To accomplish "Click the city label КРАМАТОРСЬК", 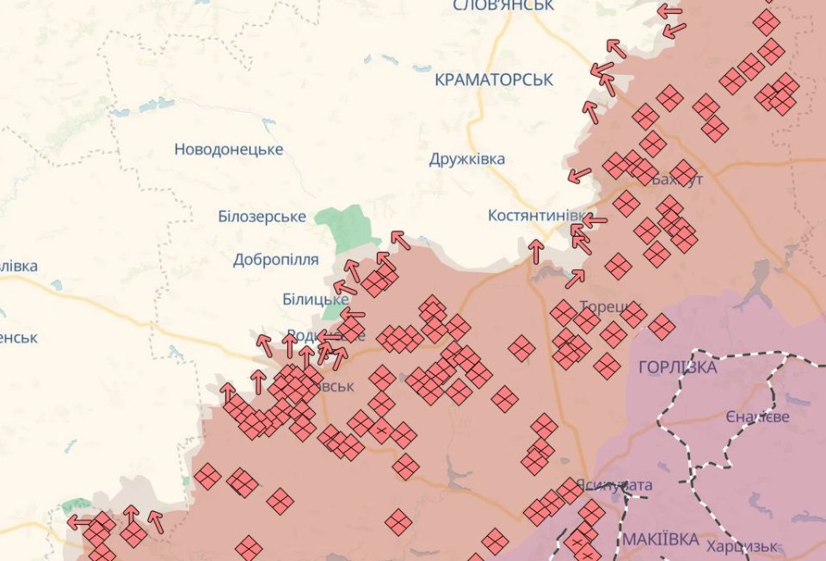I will [x=494, y=79].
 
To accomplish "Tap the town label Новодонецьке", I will [x=228, y=150].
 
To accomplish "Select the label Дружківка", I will [x=467, y=159].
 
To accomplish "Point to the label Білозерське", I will [x=262, y=217].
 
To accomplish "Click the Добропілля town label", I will [x=275, y=259].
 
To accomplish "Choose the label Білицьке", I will [x=315, y=299].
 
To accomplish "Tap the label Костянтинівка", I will [x=539, y=215].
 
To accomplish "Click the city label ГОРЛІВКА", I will [x=678, y=367].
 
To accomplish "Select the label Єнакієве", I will [x=757, y=416].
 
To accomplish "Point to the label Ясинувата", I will [x=613, y=485].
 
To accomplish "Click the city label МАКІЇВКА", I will [x=660, y=539].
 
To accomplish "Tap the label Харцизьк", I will [x=742, y=546].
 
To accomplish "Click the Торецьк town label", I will [x=606, y=307].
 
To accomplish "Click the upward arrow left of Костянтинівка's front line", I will [x=536, y=251].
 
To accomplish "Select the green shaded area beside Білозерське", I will [x=347, y=225].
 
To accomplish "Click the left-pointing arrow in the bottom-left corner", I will [x=80, y=521].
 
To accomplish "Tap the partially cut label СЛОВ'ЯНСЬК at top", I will [x=502, y=6].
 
